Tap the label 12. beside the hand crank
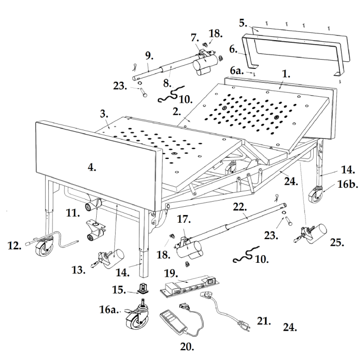pyautogui.click(x=14, y=246)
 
